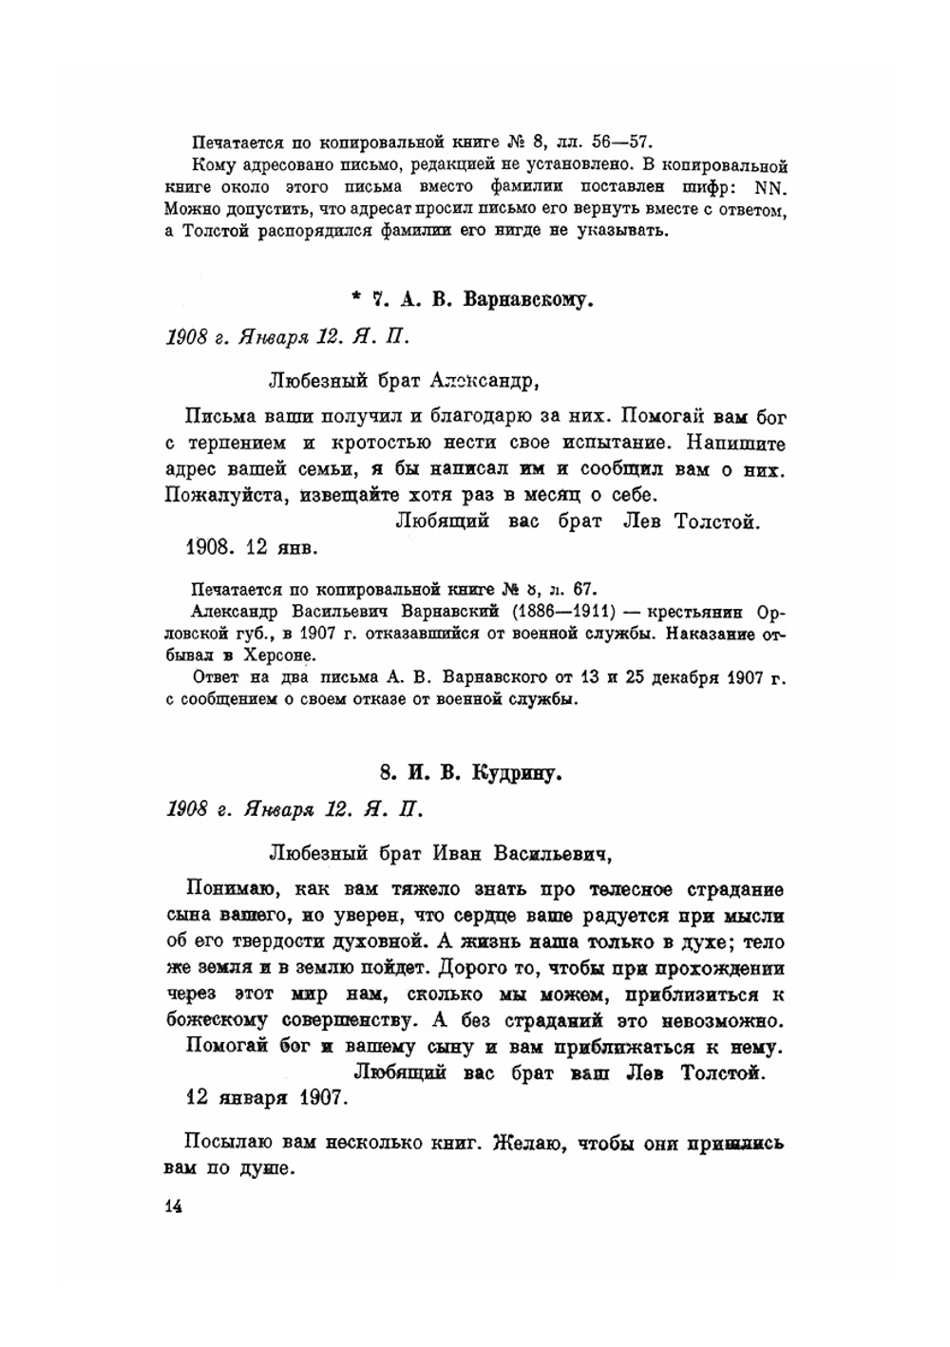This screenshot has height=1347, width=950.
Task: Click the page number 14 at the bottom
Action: [x=173, y=1206]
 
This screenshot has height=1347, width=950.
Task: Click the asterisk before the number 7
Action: [x=355, y=298]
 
